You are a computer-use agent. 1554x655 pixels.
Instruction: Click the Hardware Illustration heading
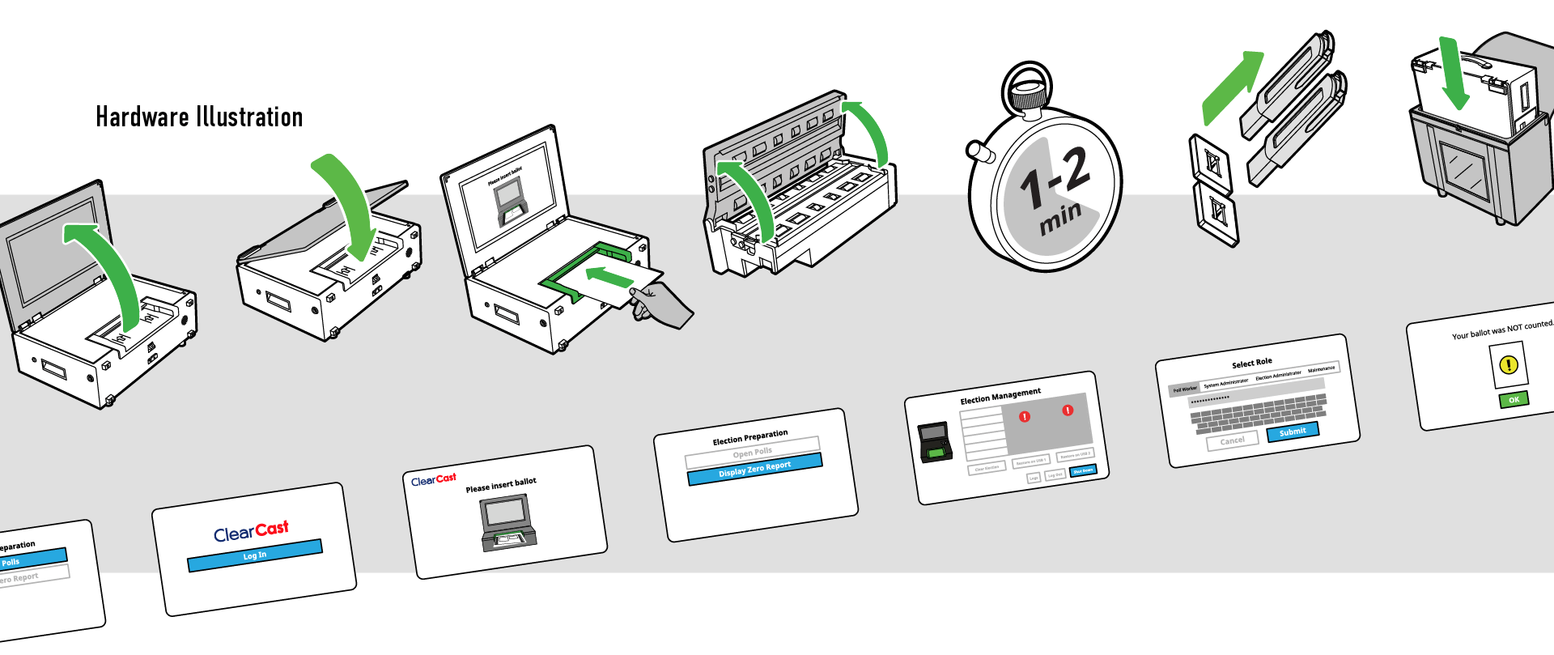coord(199,117)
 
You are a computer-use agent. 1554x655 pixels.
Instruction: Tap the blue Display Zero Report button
coord(754,469)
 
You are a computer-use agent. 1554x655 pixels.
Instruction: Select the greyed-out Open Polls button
coord(752,451)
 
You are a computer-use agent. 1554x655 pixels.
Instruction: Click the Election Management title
coord(1000,396)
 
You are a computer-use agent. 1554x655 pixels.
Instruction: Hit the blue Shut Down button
coord(1083,470)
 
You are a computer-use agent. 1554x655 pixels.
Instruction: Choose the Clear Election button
coord(987,468)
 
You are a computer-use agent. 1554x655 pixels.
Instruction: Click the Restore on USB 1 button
coord(1031,461)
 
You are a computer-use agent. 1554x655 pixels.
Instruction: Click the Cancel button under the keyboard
coord(1232,440)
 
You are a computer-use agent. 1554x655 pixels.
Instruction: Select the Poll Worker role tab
coord(1185,389)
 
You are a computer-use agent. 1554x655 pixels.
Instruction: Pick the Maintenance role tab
coord(1321,369)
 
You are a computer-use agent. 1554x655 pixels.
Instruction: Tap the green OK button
coord(1514,399)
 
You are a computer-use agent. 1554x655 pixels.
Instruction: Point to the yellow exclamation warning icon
coord(1509,365)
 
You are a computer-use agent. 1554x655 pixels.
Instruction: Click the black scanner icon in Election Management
coord(935,442)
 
